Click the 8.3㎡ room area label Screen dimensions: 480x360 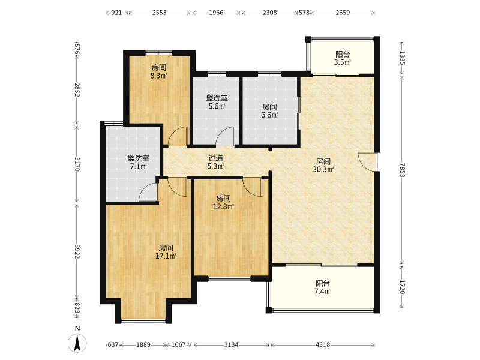158,76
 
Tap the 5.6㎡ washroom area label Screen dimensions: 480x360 217,106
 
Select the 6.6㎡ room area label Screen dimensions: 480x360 269,115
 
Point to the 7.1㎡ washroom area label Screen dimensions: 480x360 139,167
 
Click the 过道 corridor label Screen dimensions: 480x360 216,158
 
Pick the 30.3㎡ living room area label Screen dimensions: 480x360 323,169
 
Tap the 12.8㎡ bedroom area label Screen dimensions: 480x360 223,206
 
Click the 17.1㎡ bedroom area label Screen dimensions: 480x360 166,256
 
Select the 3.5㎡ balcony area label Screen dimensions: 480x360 343,63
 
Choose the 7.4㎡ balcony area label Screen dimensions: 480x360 323,292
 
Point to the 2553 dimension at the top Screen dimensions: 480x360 160,13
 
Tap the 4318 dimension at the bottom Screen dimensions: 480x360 323,344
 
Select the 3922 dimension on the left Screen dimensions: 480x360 77,251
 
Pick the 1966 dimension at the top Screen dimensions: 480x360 216,13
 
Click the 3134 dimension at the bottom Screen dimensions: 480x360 231,344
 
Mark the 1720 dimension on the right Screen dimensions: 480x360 402,287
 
